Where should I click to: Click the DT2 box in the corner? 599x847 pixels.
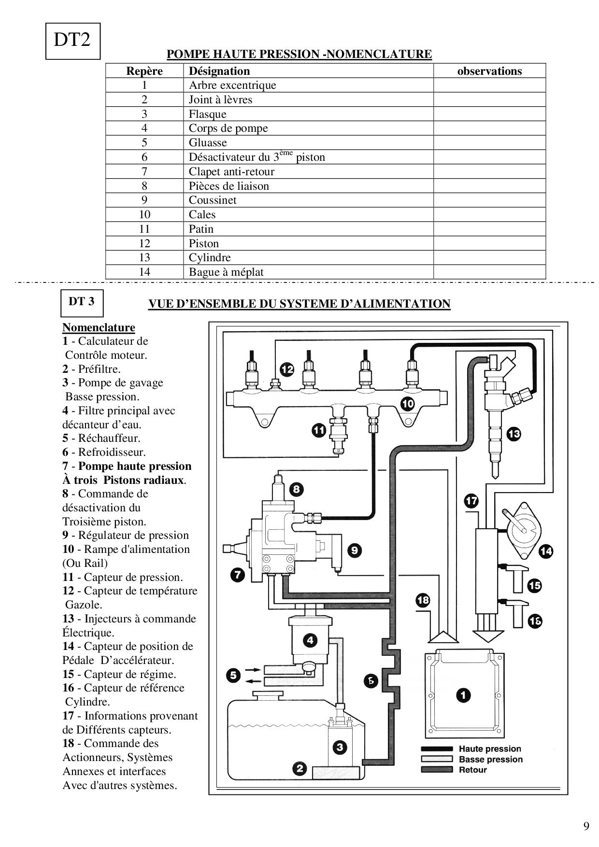point(72,41)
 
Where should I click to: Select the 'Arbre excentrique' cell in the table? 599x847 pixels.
point(232,85)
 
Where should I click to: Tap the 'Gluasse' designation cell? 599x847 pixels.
point(208,143)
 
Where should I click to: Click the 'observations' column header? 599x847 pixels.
point(489,71)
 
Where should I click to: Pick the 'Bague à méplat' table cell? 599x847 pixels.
point(226,272)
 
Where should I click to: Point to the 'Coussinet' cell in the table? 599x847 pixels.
point(213,200)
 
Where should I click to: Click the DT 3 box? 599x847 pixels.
point(81,302)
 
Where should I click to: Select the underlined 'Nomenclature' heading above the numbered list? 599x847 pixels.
point(99,328)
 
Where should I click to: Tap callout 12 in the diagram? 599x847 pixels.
point(287,370)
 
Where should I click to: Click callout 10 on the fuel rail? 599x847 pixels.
point(408,403)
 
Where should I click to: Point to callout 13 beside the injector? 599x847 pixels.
point(513,434)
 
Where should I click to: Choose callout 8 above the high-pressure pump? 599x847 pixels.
point(296,490)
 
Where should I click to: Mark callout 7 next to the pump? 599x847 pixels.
point(237,575)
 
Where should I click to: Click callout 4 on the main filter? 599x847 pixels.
point(310,640)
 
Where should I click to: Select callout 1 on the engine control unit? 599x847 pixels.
point(463,695)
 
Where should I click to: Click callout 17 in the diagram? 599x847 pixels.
point(471,501)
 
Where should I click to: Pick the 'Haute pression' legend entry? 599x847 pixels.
point(489,749)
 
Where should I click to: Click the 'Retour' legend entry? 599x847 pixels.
point(472,770)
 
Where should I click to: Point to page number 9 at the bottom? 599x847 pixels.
point(586,826)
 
